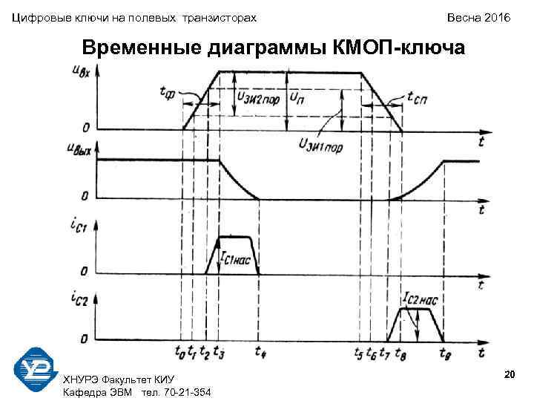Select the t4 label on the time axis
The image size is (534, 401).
(x=259, y=352)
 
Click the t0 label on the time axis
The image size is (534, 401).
(x=180, y=352)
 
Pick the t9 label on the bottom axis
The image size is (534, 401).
(x=444, y=352)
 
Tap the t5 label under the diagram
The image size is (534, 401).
(x=359, y=352)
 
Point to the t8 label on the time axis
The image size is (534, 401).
(x=400, y=352)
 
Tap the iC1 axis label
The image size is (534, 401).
(x=79, y=223)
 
